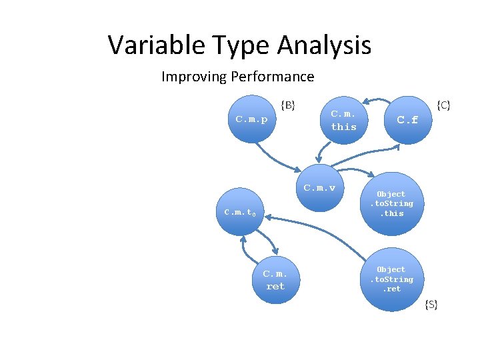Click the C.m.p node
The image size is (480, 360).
251,120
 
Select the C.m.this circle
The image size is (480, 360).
343,121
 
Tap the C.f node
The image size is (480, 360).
407,121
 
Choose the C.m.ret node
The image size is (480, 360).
275,280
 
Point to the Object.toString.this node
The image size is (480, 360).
391,204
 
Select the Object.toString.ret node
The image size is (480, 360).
391,279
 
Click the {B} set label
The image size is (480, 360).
288,104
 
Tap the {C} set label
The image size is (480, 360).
443,105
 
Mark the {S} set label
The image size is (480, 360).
431,305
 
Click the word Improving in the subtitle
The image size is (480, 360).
194,77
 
